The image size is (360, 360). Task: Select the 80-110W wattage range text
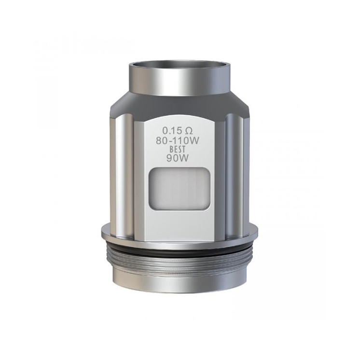pyautogui.click(x=179, y=141)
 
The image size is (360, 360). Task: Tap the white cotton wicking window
pyautogui.click(x=179, y=189)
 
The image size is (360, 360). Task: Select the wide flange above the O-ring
pyautogui.click(x=180, y=232)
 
